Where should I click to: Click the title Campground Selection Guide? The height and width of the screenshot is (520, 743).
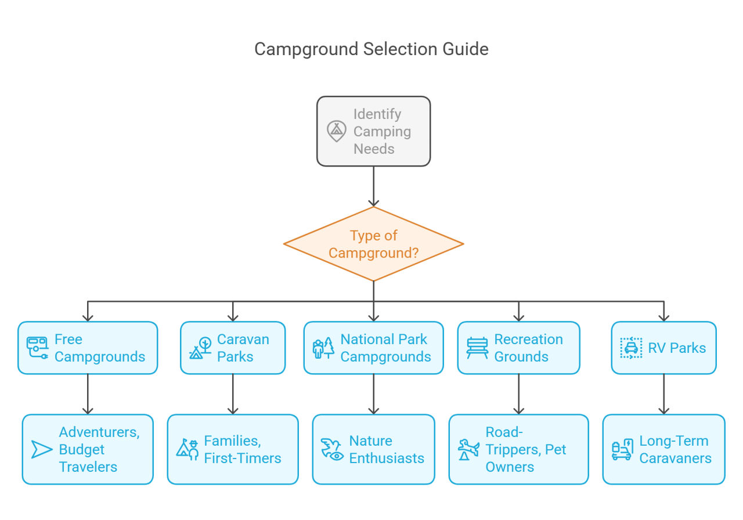tap(371, 49)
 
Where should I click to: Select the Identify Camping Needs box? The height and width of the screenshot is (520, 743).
tap(373, 131)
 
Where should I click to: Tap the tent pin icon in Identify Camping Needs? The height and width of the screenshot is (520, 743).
tap(336, 131)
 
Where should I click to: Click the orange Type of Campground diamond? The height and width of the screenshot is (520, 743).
tap(373, 244)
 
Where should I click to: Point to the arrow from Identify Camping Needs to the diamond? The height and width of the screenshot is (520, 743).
tap(373, 186)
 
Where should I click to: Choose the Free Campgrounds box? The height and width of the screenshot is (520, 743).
tap(88, 348)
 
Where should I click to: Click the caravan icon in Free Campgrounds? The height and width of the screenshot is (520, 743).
tap(37, 348)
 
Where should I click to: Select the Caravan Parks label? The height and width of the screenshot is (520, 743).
tap(243, 348)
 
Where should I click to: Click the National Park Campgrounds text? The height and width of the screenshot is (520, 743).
tap(385, 348)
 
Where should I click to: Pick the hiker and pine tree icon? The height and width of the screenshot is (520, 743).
tap(323, 348)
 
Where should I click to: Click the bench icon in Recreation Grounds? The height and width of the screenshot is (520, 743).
tap(477, 348)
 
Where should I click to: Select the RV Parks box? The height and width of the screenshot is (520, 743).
tap(663, 348)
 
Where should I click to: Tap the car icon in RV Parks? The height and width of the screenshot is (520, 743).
tap(631, 348)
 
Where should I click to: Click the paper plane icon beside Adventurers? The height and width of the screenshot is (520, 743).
tap(42, 449)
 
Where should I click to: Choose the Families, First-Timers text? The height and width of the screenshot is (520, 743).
tap(243, 449)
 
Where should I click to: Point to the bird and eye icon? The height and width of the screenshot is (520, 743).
tap(332, 449)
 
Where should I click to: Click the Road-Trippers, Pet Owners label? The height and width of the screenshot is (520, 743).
tap(525, 449)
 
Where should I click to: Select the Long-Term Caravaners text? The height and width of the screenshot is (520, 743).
tap(675, 449)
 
